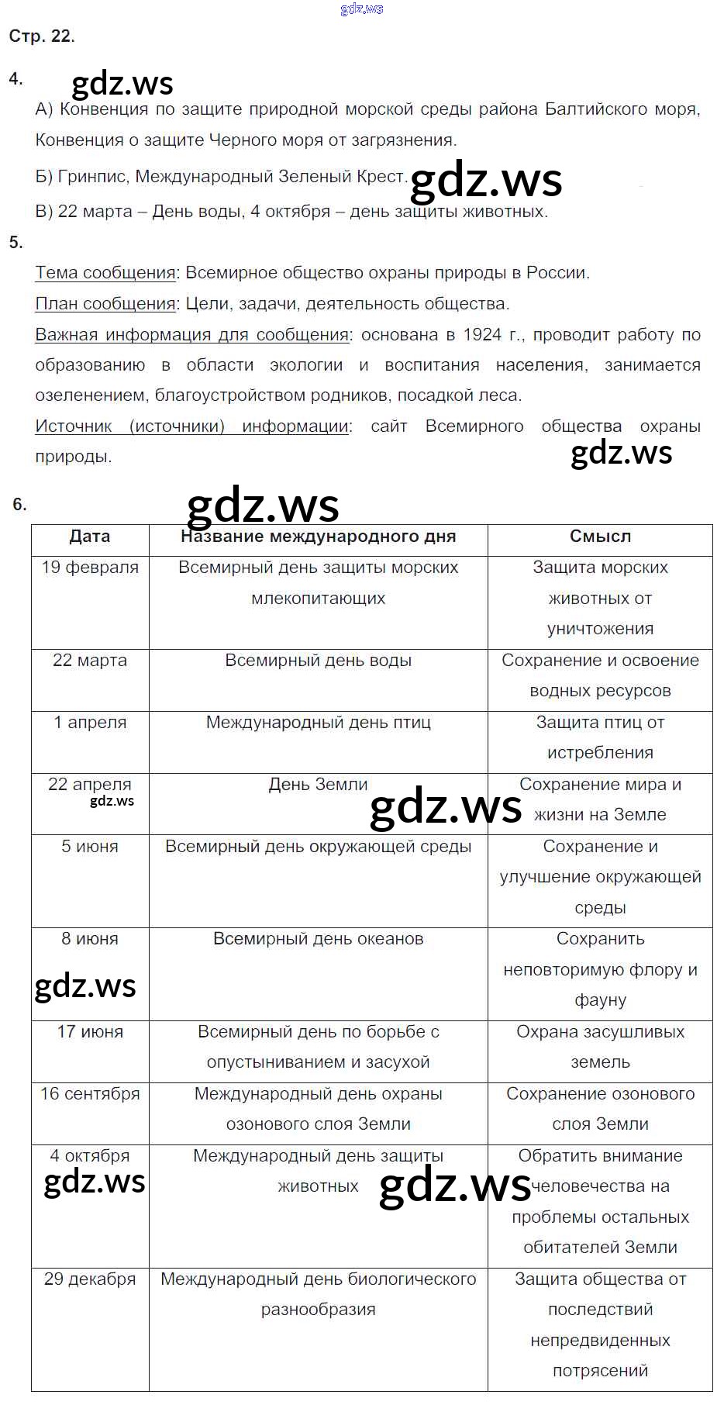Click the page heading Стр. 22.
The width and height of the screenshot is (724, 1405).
point(42,36)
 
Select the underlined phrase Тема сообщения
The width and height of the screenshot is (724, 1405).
point(105,273)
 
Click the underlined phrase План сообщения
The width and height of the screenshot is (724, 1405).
point(105,304)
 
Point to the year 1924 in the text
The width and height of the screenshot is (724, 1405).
point(482,335)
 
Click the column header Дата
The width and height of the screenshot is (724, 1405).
point(90,537)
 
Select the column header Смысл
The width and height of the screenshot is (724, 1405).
point(600,537)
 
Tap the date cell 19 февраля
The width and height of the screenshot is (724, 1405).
point(90,568)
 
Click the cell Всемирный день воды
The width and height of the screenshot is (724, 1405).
point(318,661)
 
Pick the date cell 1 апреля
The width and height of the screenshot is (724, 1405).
point(90,723)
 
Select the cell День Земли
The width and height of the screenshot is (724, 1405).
point(318,785)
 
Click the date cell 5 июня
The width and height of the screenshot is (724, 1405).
point(90,847)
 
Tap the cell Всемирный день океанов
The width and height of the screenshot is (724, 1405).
point(318,939)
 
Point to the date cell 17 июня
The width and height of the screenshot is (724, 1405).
point(90,1032)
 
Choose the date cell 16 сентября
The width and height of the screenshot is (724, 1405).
point(90,1094)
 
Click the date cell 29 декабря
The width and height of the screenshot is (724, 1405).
point(90,1279)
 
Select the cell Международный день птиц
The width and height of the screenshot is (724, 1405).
point(318,723)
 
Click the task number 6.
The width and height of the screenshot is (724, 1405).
point(19,505)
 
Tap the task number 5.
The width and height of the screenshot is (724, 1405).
point(16,243)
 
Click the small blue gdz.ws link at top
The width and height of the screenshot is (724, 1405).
point(361,9)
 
